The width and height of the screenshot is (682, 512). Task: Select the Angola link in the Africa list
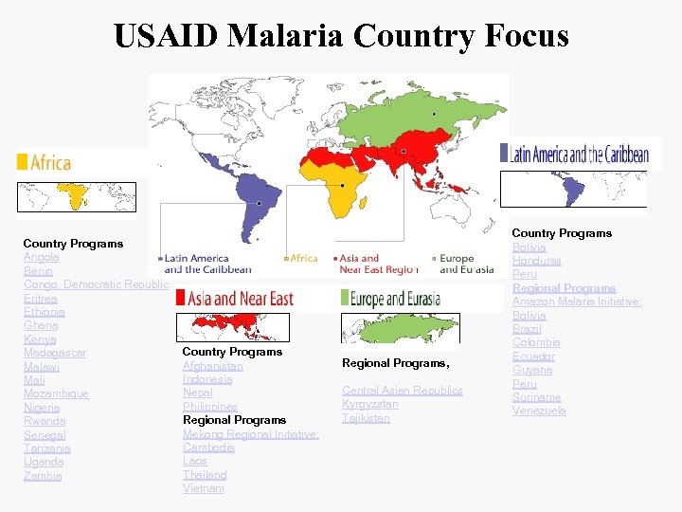(42, 257)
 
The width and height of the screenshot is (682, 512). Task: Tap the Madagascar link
(55, 353)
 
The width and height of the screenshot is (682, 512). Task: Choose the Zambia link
(43, 476)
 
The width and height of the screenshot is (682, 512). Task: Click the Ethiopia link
(45, 312)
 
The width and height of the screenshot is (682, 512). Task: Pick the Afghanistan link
(213, 366)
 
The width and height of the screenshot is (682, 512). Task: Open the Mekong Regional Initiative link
(251, 434)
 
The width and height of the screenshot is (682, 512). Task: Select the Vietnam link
(204, 488)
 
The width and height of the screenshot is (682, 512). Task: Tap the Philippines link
(210, 407)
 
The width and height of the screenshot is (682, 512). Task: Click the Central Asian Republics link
(403, 391)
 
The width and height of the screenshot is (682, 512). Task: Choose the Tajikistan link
(366, 418)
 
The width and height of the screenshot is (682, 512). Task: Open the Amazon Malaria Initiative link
(577, 302)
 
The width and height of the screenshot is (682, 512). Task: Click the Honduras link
(537, 261)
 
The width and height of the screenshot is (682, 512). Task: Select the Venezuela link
(540, 411)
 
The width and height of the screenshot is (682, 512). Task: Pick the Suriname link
(537, 397)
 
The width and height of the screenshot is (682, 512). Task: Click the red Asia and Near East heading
(241, 299)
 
